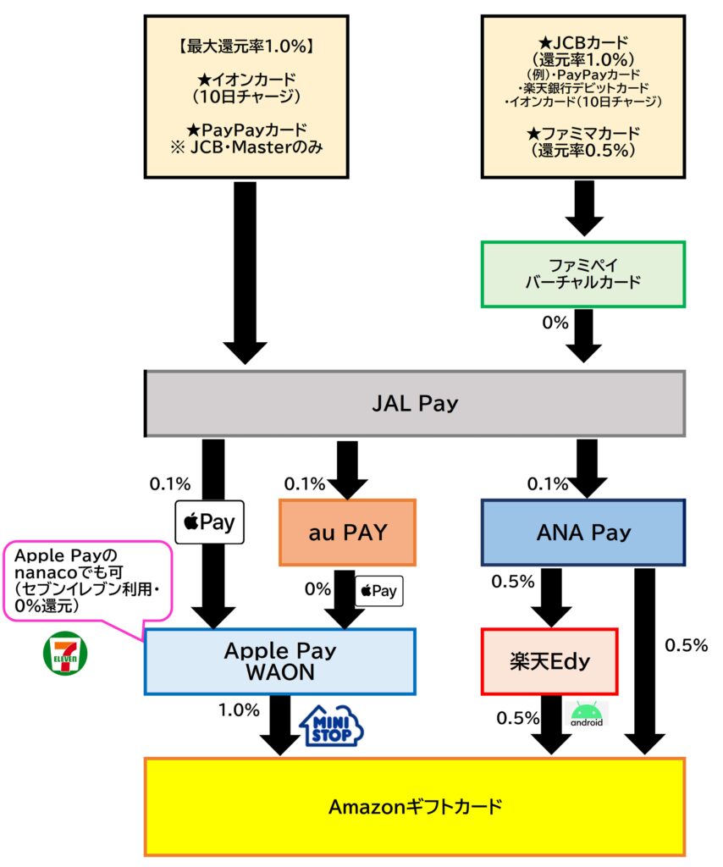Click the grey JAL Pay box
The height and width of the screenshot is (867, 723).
click(x=414, y=404)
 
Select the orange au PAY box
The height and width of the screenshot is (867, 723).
click(x=347, y=533)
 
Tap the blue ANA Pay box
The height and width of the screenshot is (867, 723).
click(x=582, y=533)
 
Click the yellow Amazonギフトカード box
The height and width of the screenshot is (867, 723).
click(x=414, y=806)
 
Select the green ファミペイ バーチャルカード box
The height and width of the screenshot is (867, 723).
click(x=582, y=273)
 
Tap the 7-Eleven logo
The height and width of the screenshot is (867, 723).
click(x=64, y=653)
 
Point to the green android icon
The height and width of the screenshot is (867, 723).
click(x=587, y=715)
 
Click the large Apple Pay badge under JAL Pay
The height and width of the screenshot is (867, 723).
click(x=209, y=522)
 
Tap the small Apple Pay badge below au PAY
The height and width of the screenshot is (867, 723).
click(x=379, y=590)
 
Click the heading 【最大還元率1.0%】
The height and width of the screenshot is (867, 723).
click(x=245, y=47)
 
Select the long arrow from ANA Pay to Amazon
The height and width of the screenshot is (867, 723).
click(x=646, y=660)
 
